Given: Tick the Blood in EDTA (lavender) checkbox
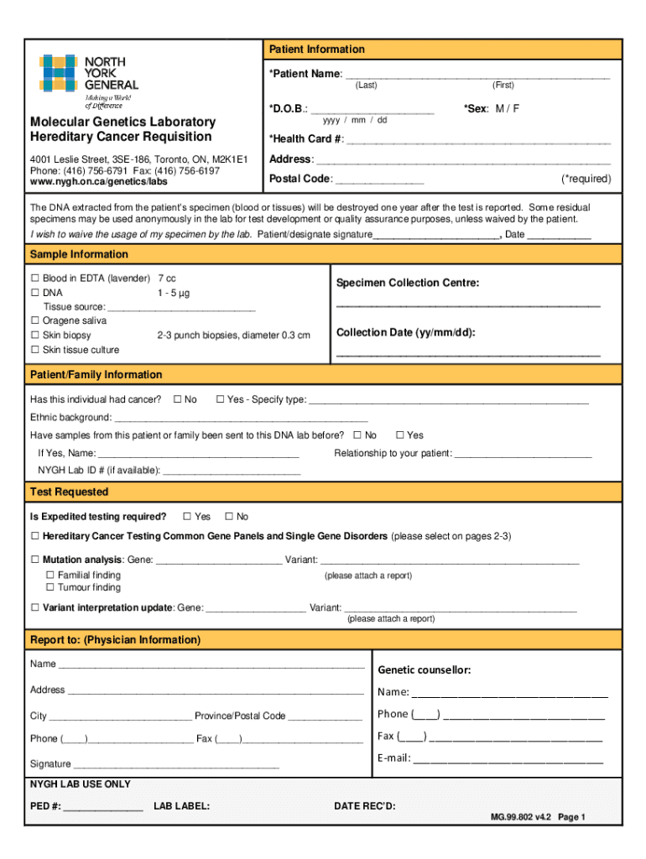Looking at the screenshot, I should point(35,278).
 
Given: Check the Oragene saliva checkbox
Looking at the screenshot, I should point(35,320).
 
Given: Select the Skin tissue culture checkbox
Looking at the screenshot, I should point(35,350).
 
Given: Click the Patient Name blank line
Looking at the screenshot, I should point(477,75).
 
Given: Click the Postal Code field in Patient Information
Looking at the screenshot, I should point(379,180).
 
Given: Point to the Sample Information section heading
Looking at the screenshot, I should point(79,254).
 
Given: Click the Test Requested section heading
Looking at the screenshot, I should point(69,492).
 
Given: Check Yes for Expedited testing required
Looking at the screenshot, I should point(187,517).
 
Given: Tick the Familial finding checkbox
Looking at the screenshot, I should point(50,575).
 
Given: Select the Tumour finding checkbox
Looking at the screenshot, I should point(50,588).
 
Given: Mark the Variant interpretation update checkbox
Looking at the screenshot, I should point(35,607).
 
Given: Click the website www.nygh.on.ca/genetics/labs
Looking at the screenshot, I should point(99,181).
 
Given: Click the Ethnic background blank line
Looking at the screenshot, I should point(241,418).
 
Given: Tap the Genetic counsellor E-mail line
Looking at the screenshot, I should point(508,759).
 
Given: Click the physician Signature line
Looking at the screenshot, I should point(176,765).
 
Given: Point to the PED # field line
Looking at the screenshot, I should point(102,807).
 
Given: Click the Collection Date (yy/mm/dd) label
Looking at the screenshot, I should point(406,333).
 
